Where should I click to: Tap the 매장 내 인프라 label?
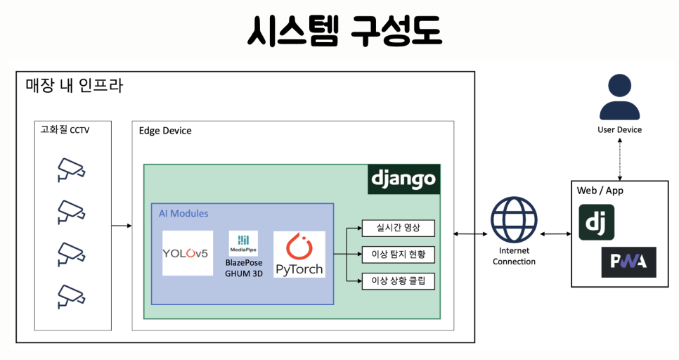click(x=75, y=86)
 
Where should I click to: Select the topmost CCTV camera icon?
click(x=71, y=169)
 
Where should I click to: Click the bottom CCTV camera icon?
click(x=71, y=296)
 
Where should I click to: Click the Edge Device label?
click(x=165, y=131)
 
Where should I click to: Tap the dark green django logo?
click(x=403, y=179)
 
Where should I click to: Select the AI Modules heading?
click(x=183, y=214)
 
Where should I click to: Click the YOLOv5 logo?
click(x=187, y=253)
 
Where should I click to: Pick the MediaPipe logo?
click(x=243, y=243)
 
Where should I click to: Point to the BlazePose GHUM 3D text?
click(x=244, y=268)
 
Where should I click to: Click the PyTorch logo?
click(x=299, y=254)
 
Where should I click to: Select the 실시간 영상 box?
click(x=397, y=229)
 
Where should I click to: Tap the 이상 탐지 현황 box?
click(x=397, y=255)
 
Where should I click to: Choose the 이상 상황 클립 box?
click(x=397, y=281)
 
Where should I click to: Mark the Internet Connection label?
click(x=514, y=257)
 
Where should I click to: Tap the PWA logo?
click(x=628, y=262)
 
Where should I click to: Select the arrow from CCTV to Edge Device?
click(x=122, y=226)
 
